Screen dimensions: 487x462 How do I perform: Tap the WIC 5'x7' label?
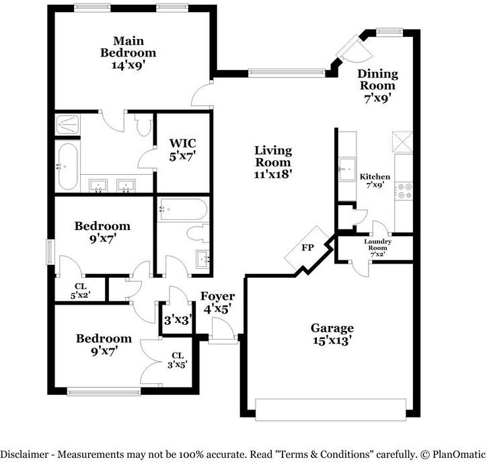click(183, 150)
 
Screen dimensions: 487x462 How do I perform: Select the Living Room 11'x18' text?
click(273, 162)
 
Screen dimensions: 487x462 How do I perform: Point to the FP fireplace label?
click(308, 247)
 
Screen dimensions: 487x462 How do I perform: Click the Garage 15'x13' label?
click(332, 334)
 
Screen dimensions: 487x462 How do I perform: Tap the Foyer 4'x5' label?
click(217, 303)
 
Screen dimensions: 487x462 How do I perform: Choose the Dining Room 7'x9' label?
click(377, 85)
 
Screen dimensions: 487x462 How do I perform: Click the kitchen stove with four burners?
click(404, 190)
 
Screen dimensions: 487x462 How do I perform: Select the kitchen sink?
click(347, 169)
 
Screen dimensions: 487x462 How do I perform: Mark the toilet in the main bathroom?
click(144, 124)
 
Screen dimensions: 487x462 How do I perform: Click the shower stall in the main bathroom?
click(67, 124)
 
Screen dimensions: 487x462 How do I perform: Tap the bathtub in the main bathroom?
click(67, 166)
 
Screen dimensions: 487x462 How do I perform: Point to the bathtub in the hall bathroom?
click(183, 209)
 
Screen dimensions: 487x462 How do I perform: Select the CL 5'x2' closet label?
click(81, 291)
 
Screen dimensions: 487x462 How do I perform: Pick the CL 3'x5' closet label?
click(178, 360)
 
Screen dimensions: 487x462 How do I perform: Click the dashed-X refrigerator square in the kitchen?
click(402, 142)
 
